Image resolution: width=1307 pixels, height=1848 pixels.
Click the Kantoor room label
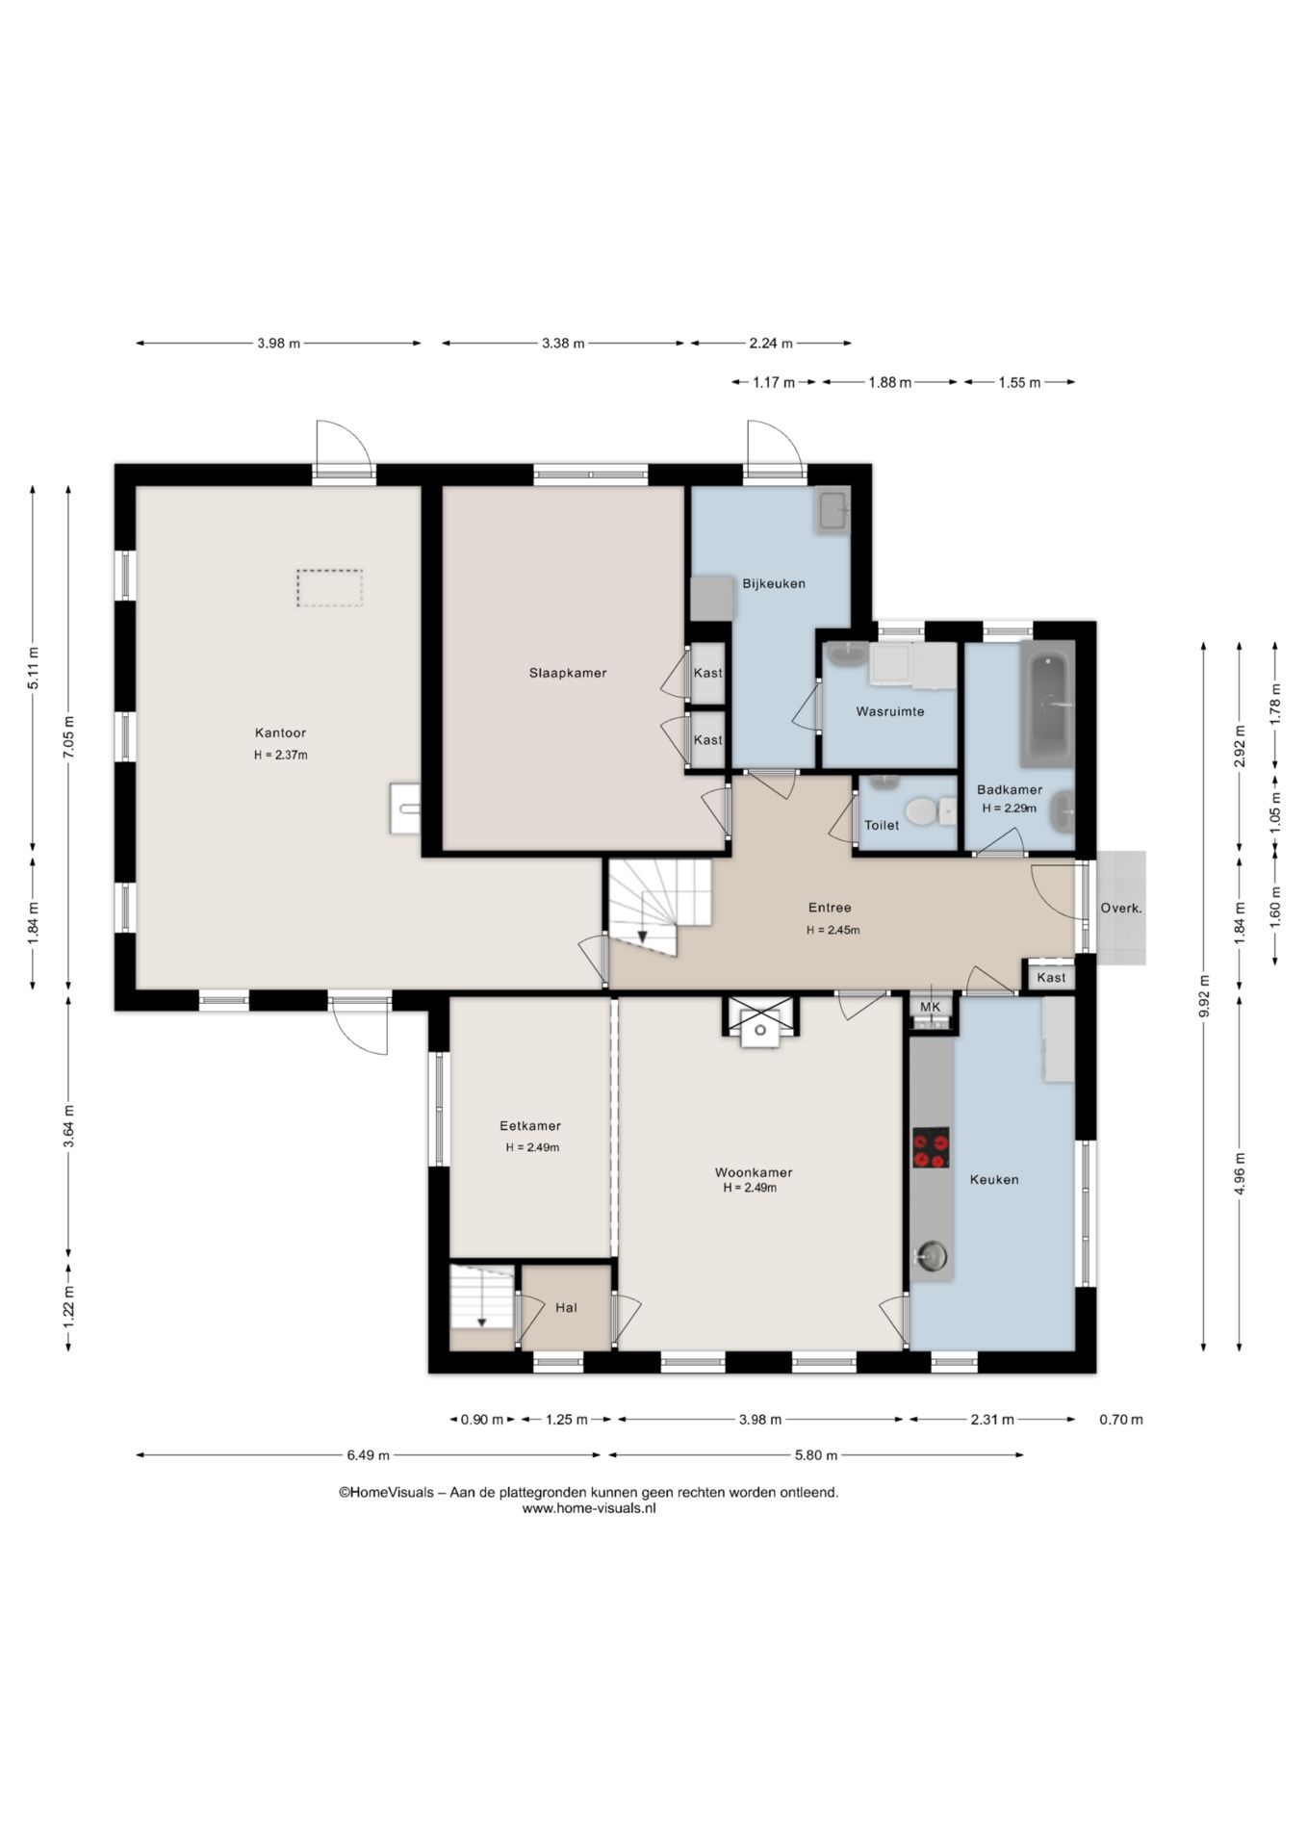pyautogui.click(x=280, y=733)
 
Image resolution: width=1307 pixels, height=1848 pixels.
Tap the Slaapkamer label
pyautogui.click(x=568, y=673)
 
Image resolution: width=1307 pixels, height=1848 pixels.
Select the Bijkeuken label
pyautogui.click(x=774, y=583)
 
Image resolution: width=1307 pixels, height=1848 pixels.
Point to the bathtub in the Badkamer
pyautogui.click(x=1047, y=704)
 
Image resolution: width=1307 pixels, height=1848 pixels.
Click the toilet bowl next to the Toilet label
pyautogui.click(x=922, y=811)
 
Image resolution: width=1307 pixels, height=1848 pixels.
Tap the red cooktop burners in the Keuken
pyautogui.click(x=931, y=1147)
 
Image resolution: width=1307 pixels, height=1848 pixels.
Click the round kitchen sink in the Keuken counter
pyautogui.click(x=931, y=1256)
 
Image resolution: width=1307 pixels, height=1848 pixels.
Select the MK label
pyautogui.click(x=931, y=1007)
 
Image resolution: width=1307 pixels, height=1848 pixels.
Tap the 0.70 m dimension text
pyautogui.click(x=1121, y=1419)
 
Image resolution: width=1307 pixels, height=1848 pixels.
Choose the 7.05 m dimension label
pyautogui.click(x=68, y=738)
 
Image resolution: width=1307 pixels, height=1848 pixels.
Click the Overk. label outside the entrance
pyautogui.click(x=1121, y=908)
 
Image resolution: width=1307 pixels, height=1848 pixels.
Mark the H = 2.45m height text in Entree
pyautogui.click(x=833, y=930)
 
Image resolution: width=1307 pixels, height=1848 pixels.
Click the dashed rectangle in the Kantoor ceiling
pyautogui.click(x=329, y=587)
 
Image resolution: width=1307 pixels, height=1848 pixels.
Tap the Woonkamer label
pyautogui.click(x=754, y=1172)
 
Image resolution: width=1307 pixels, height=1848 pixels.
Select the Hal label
pyautogui.click(x=566, y=1307)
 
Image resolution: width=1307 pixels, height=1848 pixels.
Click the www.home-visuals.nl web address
pyautogui.click(x=589, y=1508)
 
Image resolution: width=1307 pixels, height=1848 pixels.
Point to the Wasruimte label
pyautogui.click(x=890, y=712)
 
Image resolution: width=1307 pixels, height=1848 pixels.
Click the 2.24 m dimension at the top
pyautogui.click(x=771, y=343)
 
